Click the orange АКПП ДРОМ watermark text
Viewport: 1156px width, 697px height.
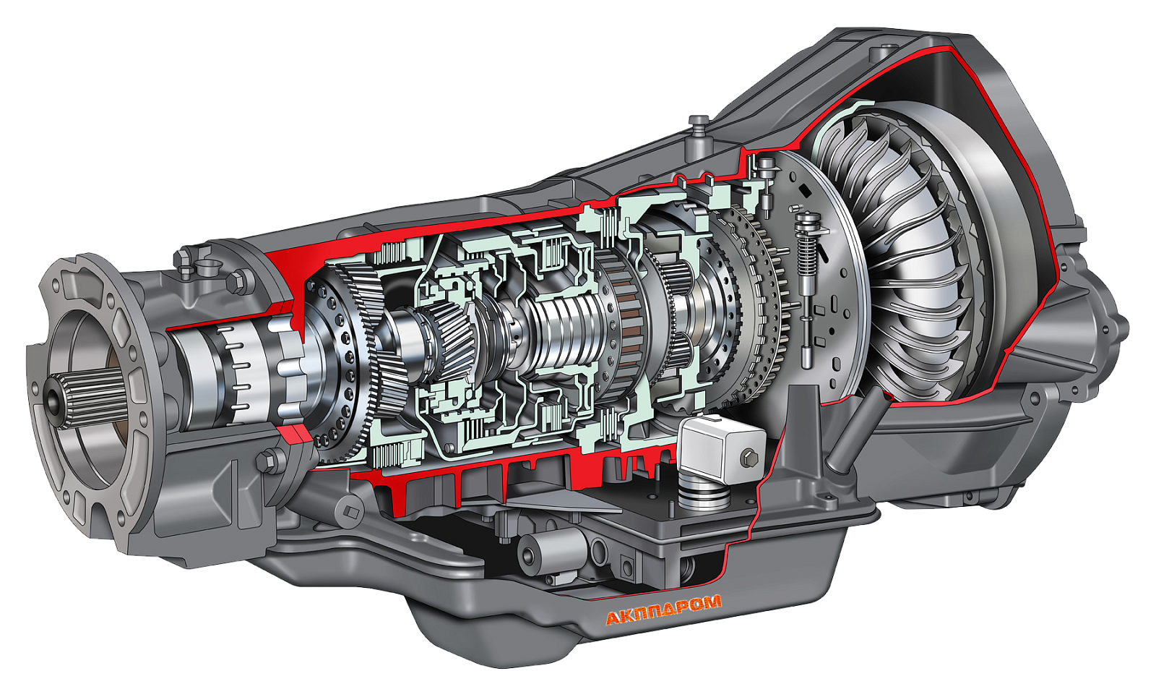663,611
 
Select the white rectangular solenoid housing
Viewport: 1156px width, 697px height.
722,449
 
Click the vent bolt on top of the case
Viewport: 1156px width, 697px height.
699,127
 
